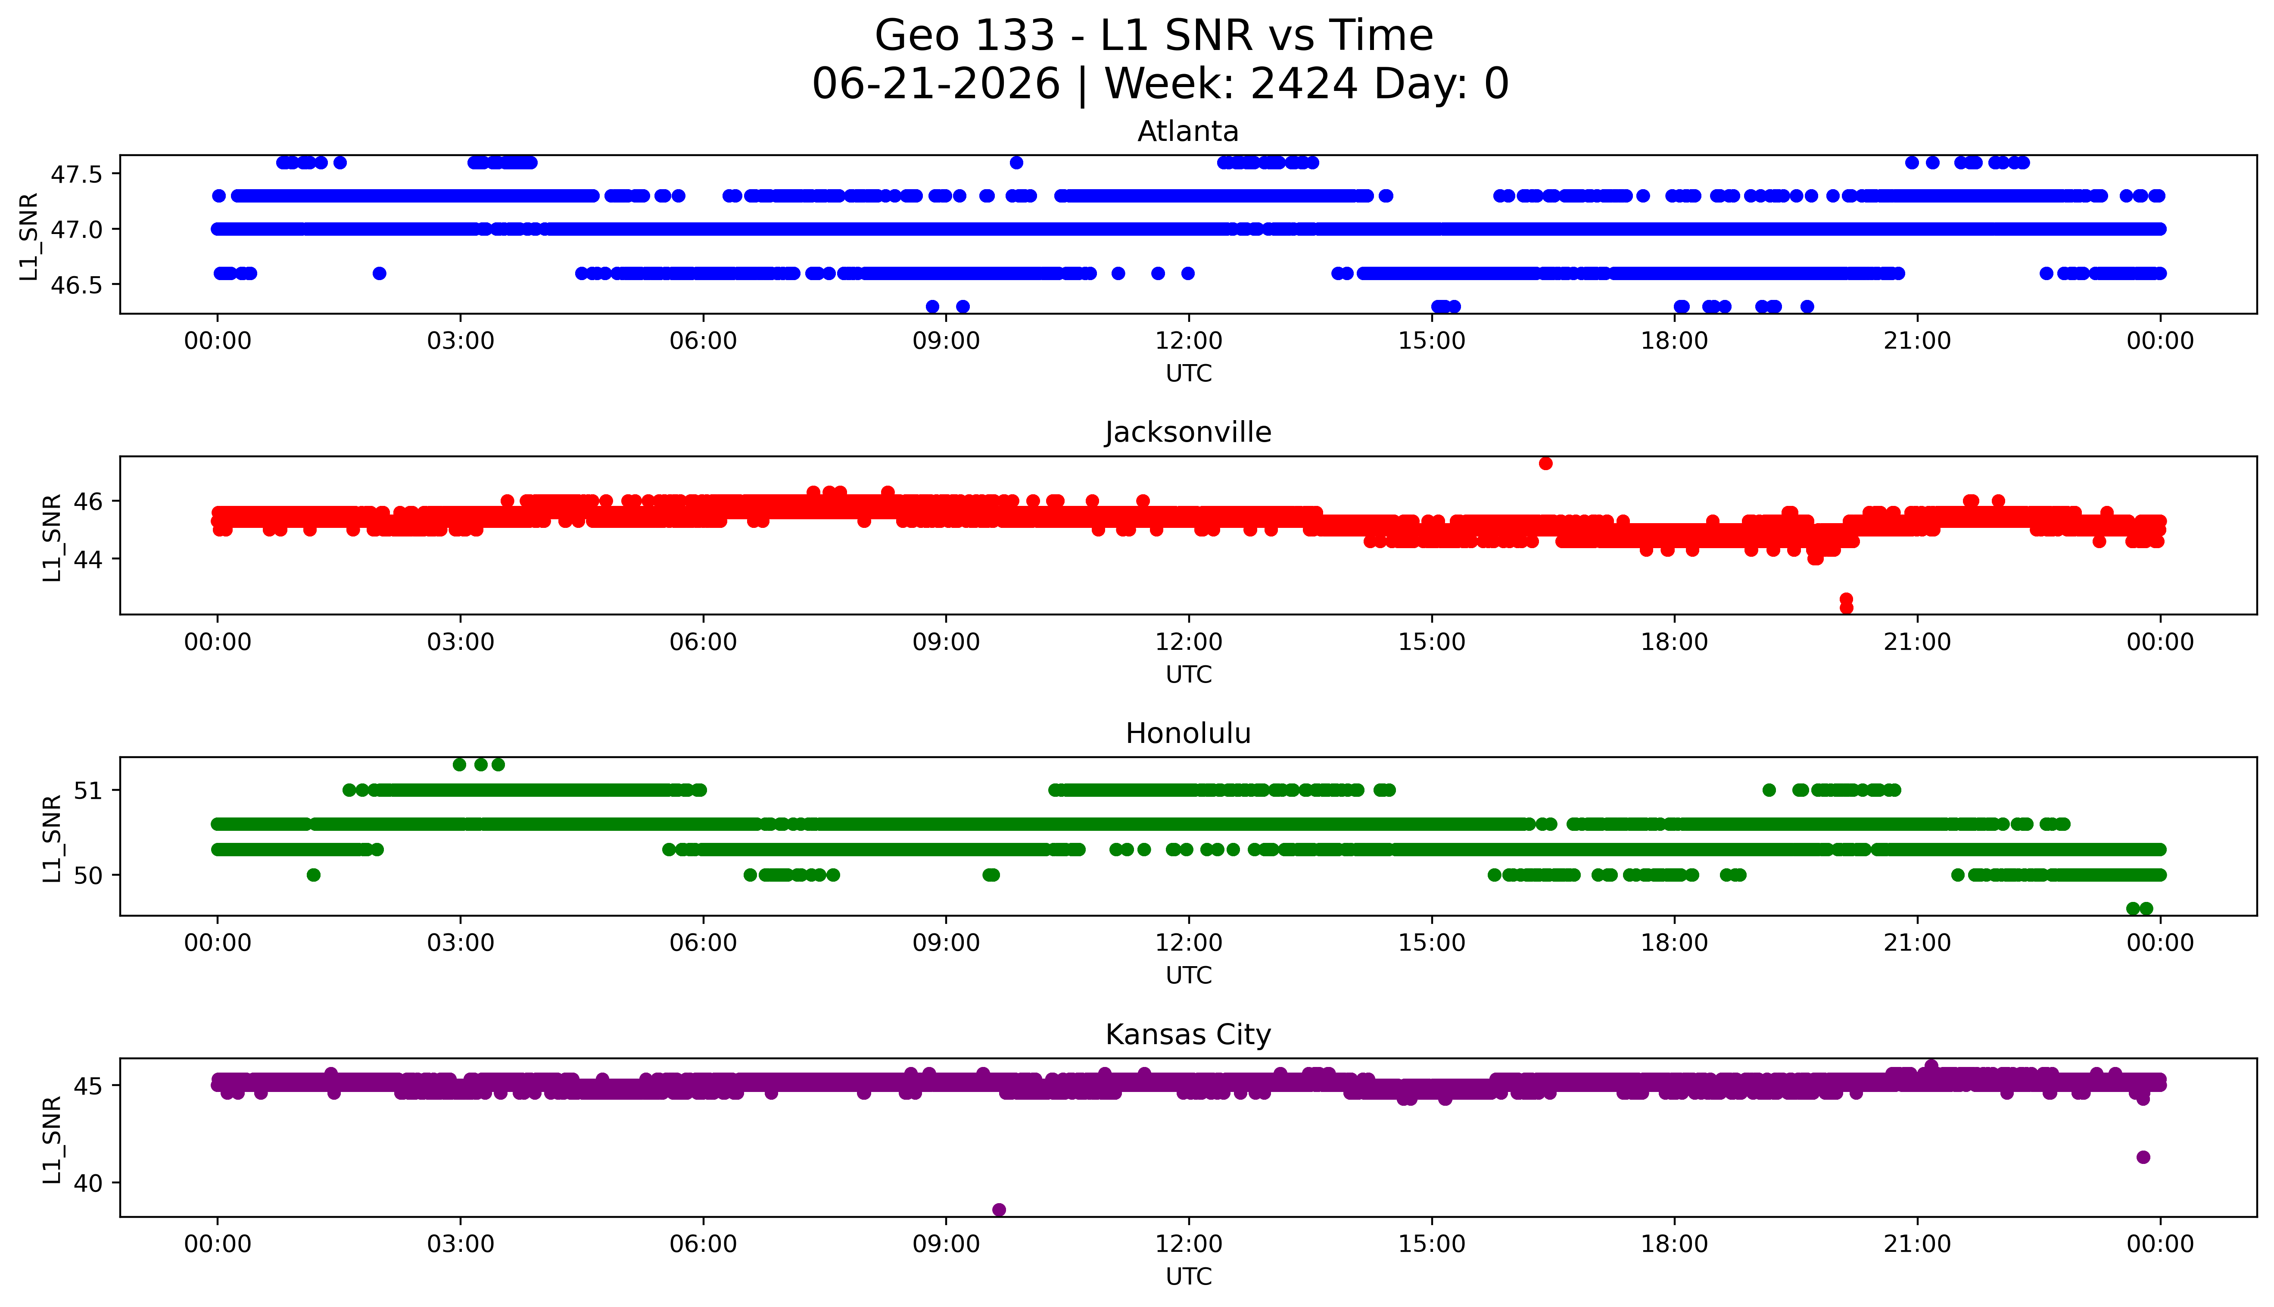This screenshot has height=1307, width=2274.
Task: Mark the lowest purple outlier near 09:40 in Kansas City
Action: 999,1209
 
